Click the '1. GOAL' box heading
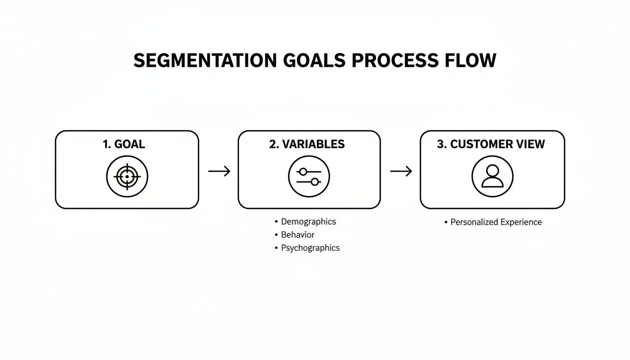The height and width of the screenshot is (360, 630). [x=124, y=144]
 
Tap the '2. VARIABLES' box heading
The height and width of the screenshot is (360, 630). [x=307, y=144]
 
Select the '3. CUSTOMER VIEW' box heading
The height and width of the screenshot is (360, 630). [x=491, y=144]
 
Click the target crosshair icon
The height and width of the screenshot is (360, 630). [x=127, y=177]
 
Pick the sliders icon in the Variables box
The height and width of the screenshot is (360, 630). [x=309, y=177]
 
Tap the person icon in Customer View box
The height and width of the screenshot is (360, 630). [x=492, y=177]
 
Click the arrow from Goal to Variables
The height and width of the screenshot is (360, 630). [x=219, y=172]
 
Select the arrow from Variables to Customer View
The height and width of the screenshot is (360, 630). [x=401, y=172]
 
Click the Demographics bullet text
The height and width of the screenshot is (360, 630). [x=308, y=222]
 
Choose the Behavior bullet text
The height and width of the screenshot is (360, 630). [x=298, y=235]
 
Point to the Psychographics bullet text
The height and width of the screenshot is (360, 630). [x=310, y=248]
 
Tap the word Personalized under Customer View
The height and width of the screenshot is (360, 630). [x=474, y=222]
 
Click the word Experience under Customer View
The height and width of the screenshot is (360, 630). [x=521, y=222]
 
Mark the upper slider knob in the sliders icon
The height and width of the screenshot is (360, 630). [x=303, y=172]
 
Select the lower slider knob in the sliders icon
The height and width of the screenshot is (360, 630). [x=315, y=182]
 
